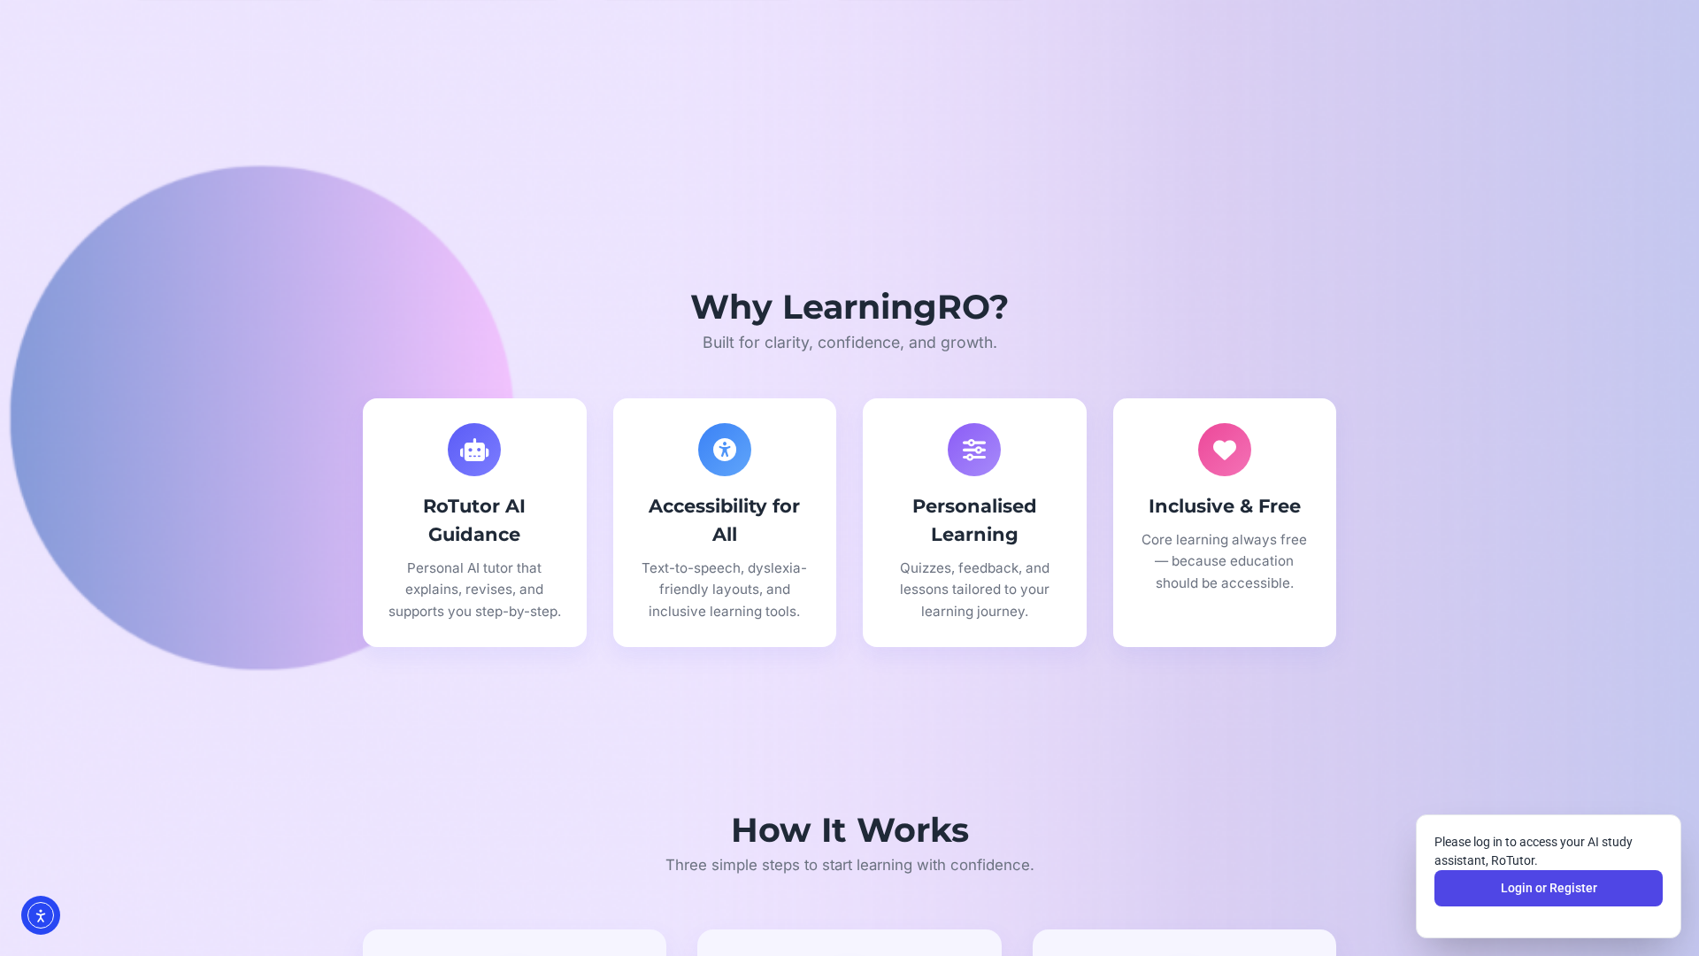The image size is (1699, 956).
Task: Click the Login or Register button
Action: pos(1548,888)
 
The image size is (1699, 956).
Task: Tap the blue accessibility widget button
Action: pos(41,915)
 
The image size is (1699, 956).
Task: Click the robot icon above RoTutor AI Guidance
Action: pos(474,450)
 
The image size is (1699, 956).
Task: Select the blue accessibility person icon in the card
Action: pos(725,450)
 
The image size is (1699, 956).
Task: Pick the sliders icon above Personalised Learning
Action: pos(974,450)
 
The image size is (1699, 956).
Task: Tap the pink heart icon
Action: pos(1225,450)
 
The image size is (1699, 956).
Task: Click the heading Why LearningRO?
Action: pos(849,307)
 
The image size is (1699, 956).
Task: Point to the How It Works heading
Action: pos(849,830)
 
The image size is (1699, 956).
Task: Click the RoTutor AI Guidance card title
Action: pos(474,520)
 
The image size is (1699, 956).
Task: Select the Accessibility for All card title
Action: pos(725,520)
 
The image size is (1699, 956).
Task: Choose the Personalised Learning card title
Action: pos(974,520)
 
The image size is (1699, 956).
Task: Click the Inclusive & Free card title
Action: pos(1225,506)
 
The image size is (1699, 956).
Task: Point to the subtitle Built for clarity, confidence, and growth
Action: pos(849,343)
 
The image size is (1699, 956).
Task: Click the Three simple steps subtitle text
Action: pos(849,865)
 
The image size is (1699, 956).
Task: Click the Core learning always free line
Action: pos(1224,540)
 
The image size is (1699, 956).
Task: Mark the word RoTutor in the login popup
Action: pos(1513,860)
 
